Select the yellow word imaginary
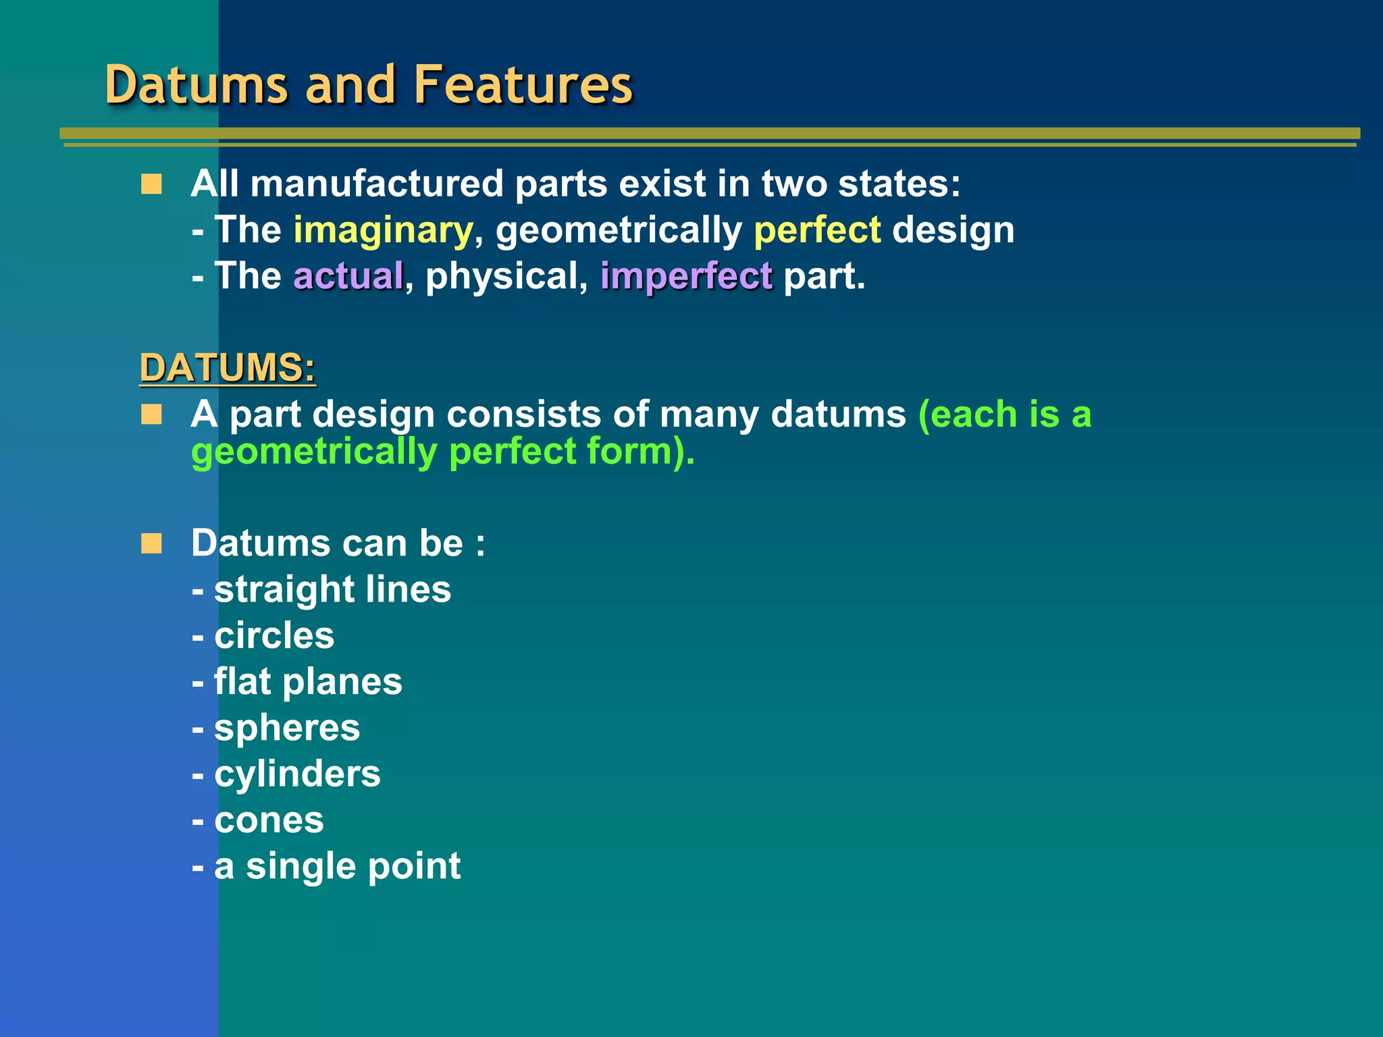pos(383,231)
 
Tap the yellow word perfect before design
pos(817,231)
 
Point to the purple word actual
pos(348,277)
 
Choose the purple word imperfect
pos(686,277)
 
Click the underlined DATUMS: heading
pos(228,368)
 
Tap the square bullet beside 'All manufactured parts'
pos(151,184)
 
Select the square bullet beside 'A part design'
pos(151,415)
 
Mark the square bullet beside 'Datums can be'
pos(151,543)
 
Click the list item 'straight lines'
pos(332,589)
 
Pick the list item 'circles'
pos(274,636)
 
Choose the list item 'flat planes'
pos(308,682)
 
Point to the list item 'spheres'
pos(287,728)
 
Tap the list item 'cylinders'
pos(297,774)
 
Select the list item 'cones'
pos(269,820)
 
